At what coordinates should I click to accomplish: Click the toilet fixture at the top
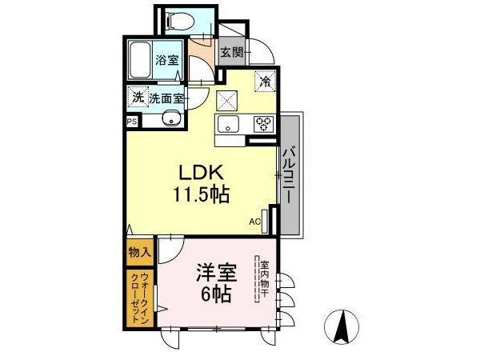[180, 21]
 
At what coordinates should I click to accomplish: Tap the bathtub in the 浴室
[140, 60]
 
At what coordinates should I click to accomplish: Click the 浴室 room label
[167, 60]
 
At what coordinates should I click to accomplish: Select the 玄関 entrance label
[232, 52]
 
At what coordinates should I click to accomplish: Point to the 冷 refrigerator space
[266, 81]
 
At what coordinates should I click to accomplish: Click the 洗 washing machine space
[138, 98]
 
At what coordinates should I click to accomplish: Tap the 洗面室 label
[166, 98]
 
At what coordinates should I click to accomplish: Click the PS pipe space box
[133, 122]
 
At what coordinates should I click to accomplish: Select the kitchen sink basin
[228, 124]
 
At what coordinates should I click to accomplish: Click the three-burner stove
[263, 124]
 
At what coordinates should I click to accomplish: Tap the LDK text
[201, 173]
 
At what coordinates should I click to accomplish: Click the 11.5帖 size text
[201, 194]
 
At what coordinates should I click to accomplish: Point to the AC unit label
[254, 222]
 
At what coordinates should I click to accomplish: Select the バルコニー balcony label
[289, 175]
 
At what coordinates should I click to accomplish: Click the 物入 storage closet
[140, 252]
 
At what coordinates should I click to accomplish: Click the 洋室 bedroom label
[217, 273]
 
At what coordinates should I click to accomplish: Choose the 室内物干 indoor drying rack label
[264, 279]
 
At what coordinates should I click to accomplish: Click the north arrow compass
[342, 327]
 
